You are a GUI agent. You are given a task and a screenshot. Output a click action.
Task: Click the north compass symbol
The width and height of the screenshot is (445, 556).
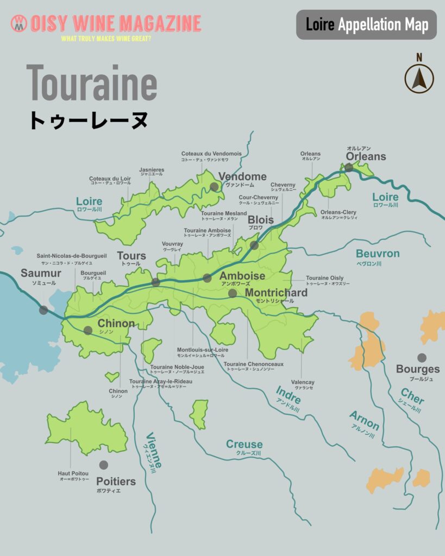click(x=419, y=77)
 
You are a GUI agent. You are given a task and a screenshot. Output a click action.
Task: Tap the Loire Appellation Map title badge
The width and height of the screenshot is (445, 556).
click(x=366, y=24)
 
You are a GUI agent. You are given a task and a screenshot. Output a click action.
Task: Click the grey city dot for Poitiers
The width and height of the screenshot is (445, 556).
click(x=103, y=465)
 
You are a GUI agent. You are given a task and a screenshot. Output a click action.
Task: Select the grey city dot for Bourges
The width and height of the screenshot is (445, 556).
click(x=422, y=357)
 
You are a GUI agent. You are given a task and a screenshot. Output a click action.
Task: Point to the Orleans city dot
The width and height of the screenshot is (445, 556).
click(x=349, y=168)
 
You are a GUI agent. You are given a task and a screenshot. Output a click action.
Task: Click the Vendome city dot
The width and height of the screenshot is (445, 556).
click(x=214, y=187)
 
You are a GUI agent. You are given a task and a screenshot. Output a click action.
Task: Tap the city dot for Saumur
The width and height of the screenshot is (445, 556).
click(x=43, y=310)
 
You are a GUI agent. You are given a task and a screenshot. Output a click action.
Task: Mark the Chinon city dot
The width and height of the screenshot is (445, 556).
click(x=88, y=330)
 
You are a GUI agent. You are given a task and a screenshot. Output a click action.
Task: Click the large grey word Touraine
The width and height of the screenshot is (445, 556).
click(x=91, y=83)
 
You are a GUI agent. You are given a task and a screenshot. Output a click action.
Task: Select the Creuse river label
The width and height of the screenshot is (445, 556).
click(x=245, y=445)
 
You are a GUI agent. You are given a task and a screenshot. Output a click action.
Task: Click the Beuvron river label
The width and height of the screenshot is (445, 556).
click(x=377, y=254)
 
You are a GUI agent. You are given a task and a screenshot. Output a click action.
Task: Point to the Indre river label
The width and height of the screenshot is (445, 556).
click(x=288, y=394)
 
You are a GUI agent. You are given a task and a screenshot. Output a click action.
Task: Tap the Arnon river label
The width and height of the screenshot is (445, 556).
click(x=364, y=420)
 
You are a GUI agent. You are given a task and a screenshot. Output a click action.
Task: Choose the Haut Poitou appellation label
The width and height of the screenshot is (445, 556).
click(x=73, y=473)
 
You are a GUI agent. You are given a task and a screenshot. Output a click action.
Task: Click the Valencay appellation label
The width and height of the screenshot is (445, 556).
click(x=303, y=382)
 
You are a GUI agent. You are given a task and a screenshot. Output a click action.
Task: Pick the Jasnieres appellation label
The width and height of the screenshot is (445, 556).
click(x=152, y=170)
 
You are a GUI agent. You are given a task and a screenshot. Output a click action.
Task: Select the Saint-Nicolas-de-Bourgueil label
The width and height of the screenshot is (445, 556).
click(x=72, y=255)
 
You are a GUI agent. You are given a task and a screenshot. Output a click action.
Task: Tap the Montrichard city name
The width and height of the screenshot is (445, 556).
click(x=276, y=293)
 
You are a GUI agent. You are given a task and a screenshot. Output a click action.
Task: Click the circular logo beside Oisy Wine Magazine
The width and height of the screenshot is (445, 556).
click(x=18, y=23)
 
